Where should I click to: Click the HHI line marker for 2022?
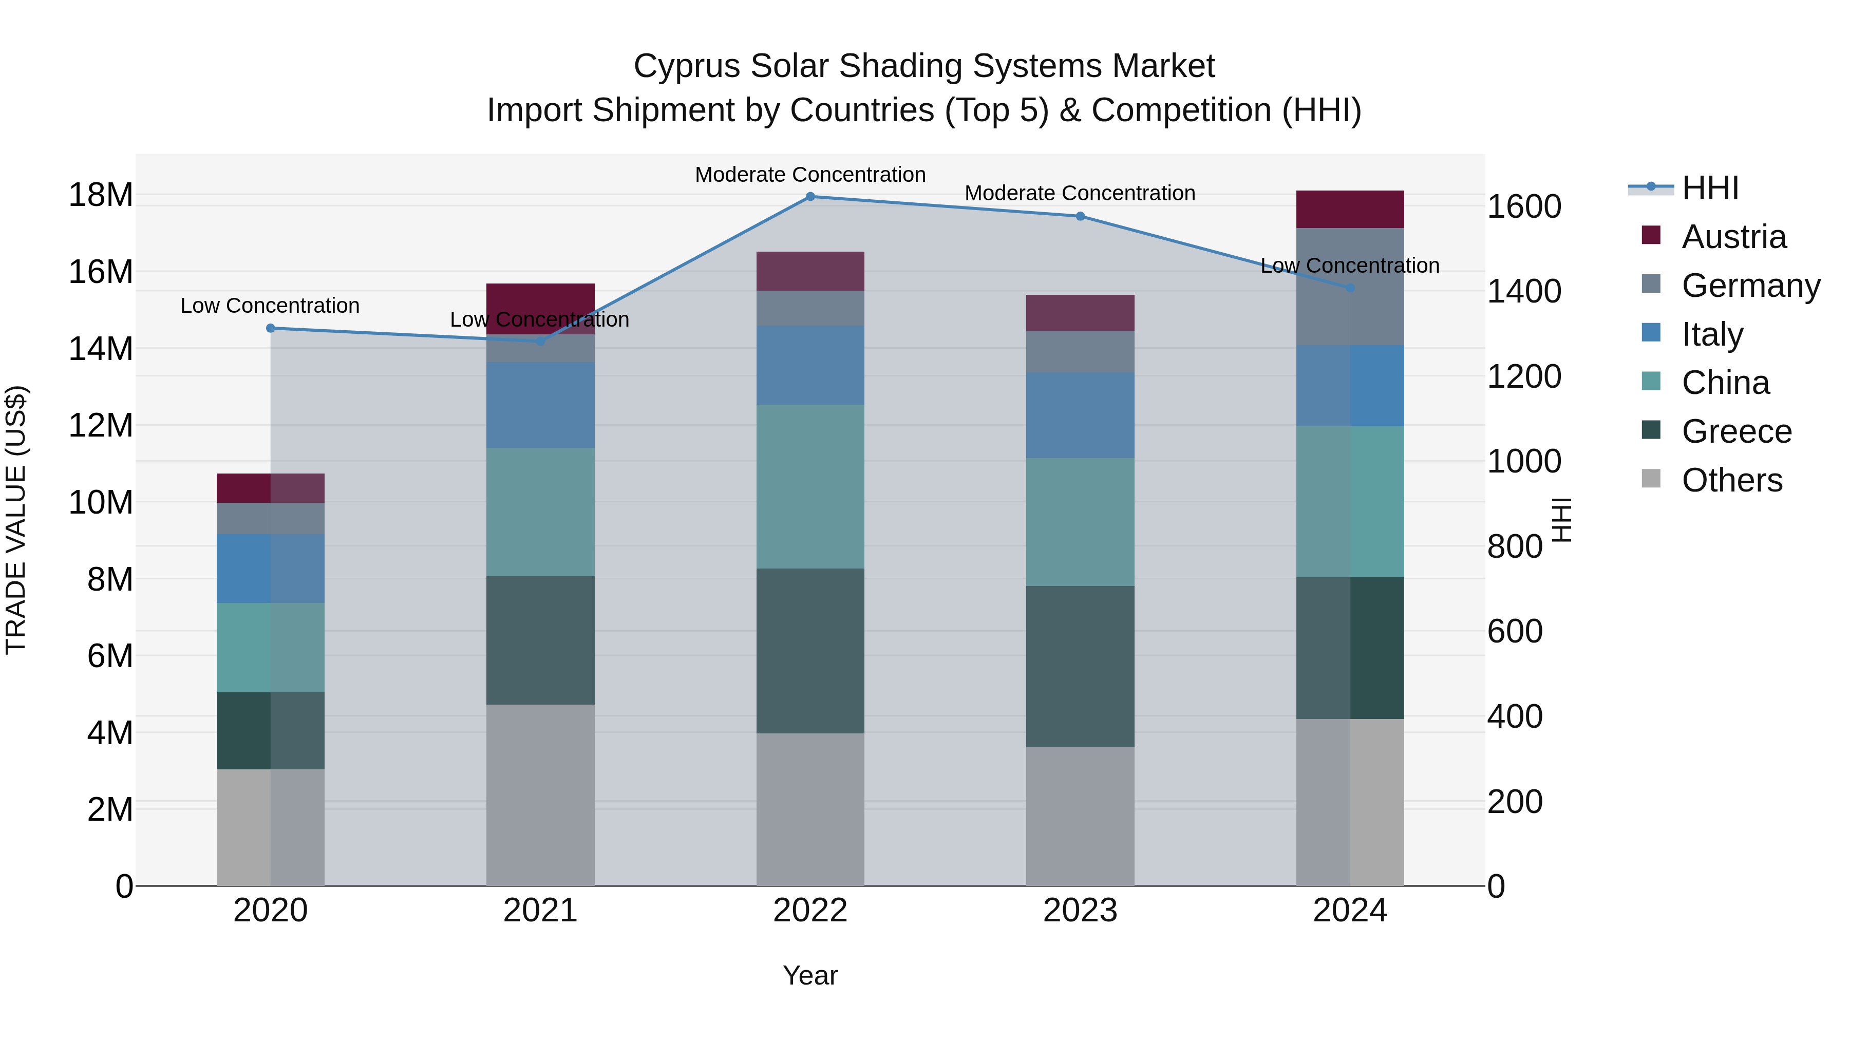click(x=810, y=197)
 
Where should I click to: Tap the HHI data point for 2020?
click(x=271, y=328)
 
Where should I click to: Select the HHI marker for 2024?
click(x=1350, y=288)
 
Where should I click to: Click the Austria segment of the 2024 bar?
click(x=1350, y=210)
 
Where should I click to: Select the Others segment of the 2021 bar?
click(x=540, y=795)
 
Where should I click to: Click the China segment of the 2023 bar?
click(x=1080, y=522)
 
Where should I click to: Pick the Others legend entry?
click(x=1731, y=480)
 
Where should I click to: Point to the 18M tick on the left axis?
click(x=101, y=195)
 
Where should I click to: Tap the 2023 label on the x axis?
click(x=1080, y=911)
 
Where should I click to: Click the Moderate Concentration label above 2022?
click(x=810, y=175)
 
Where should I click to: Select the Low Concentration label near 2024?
click(x=1350, y=266)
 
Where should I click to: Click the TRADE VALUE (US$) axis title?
click(x=16, y=520)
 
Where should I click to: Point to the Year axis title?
click(x=810, y=975)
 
